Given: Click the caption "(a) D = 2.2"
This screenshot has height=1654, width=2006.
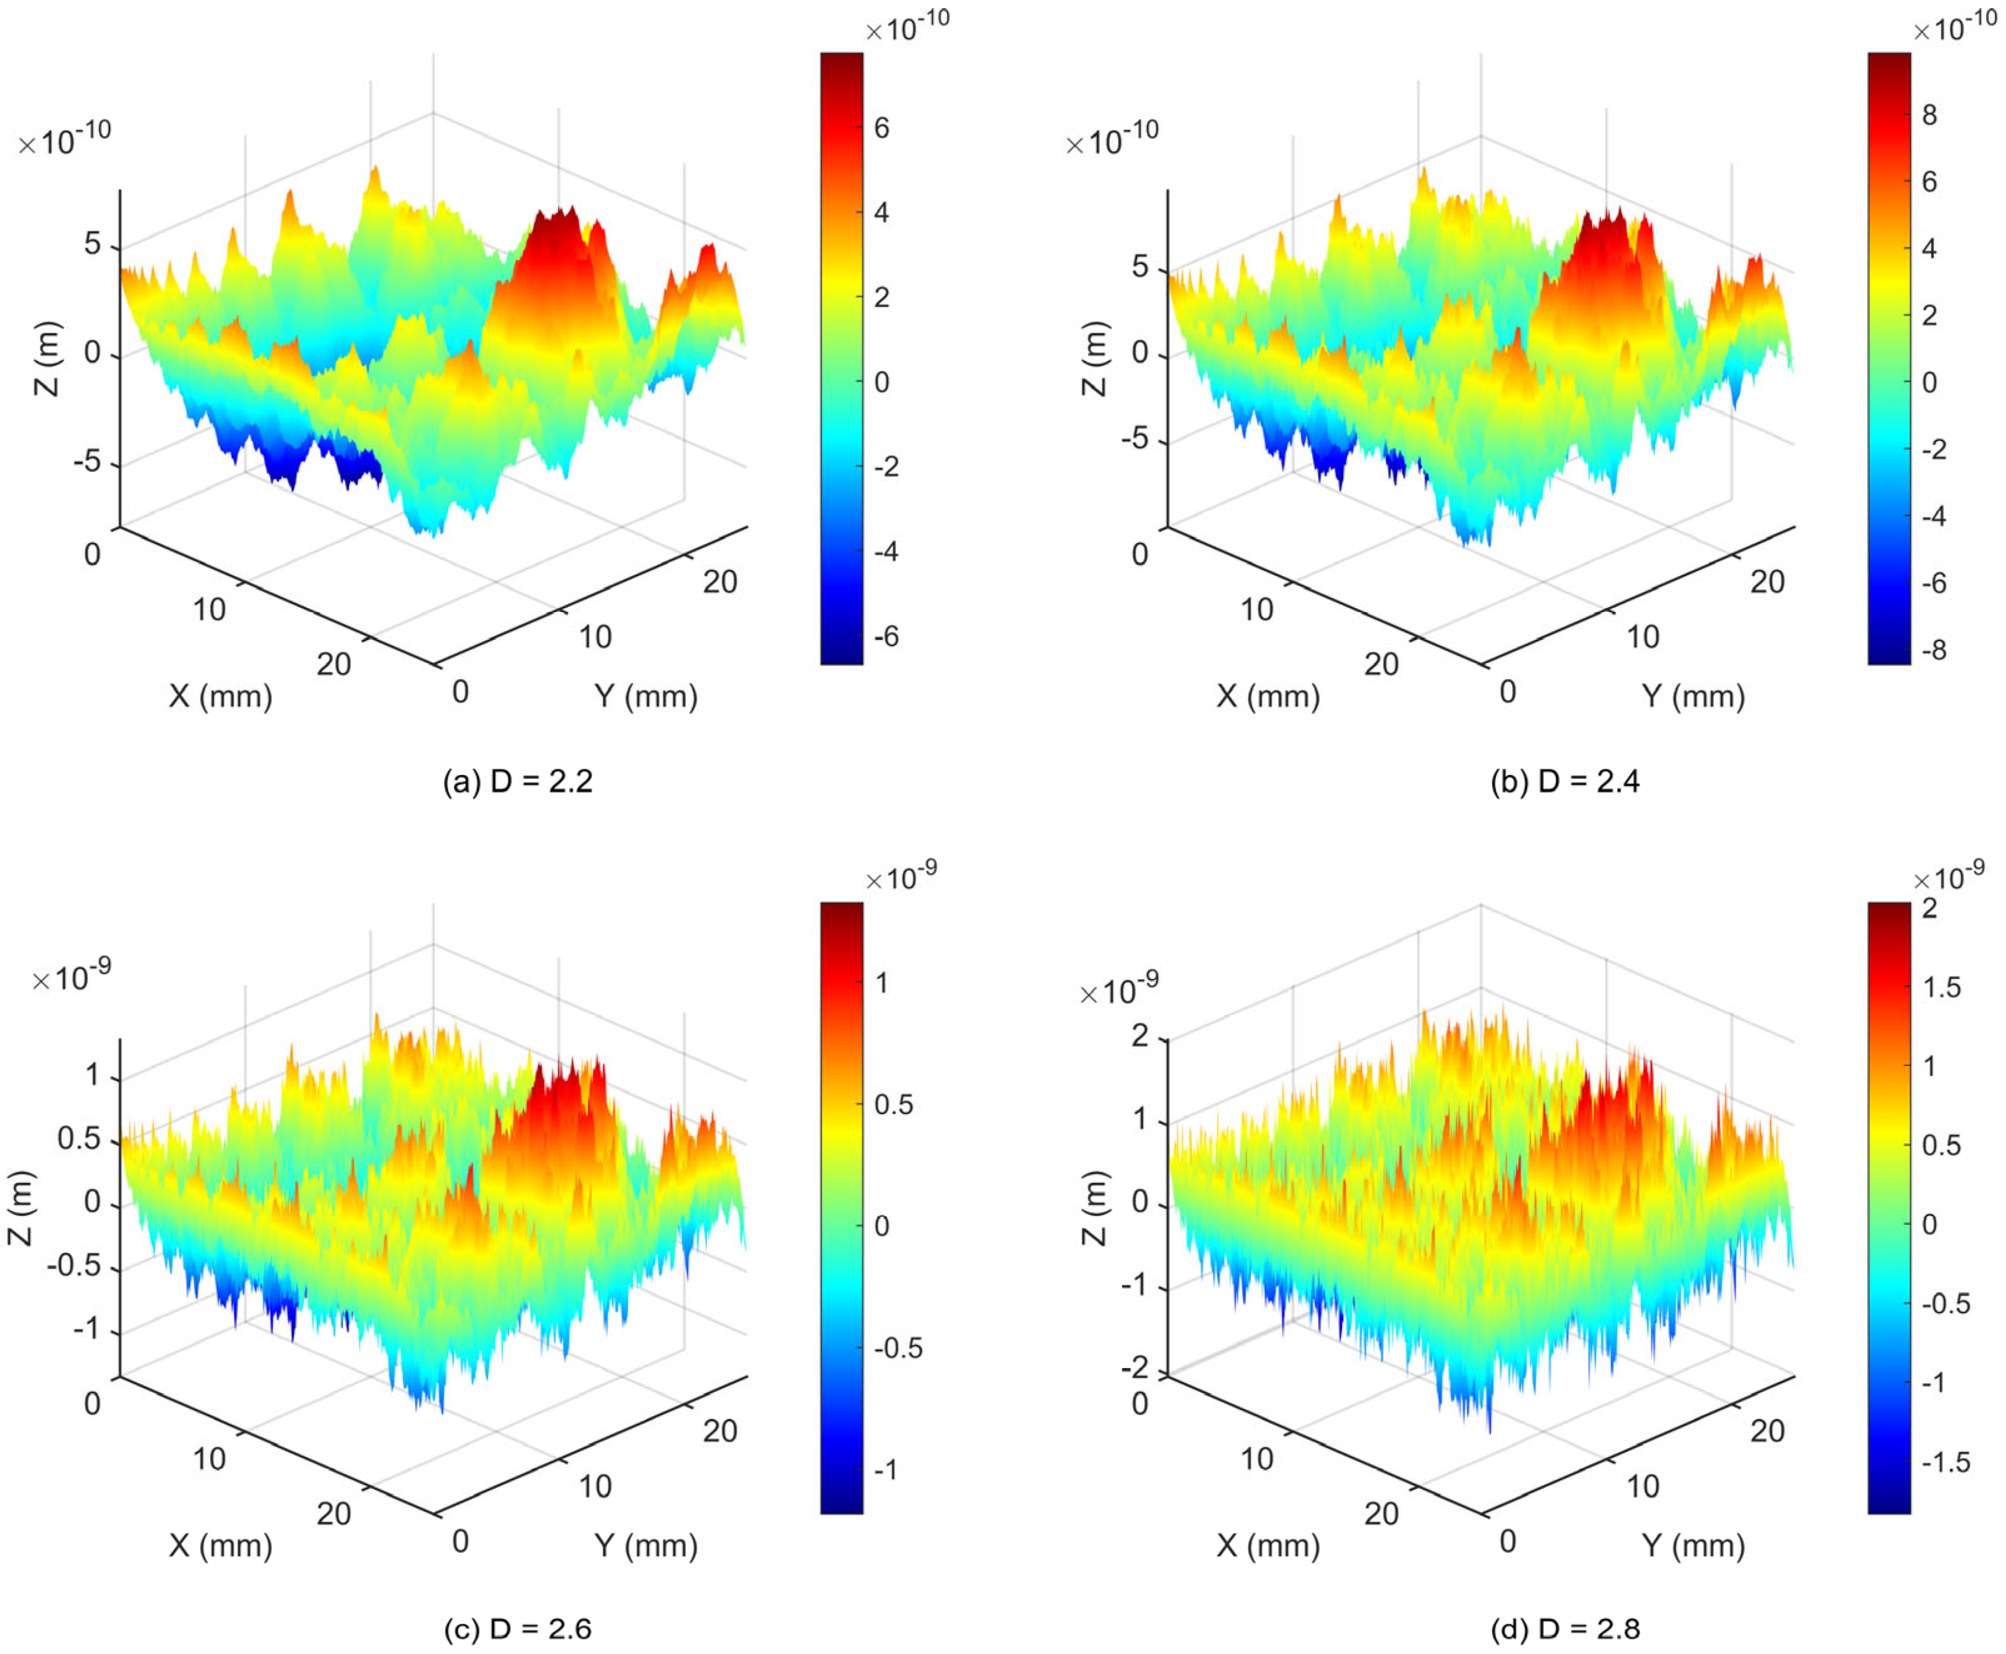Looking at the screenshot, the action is click(518, 781).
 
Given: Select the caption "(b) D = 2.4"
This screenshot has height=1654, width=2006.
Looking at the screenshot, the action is click(1566, 781).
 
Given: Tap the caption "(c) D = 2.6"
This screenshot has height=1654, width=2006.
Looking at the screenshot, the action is click(518, 1628).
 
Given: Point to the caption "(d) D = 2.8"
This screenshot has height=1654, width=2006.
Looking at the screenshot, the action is click(1566, 1628).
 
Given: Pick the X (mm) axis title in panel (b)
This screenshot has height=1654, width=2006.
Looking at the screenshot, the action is click(1268, 696).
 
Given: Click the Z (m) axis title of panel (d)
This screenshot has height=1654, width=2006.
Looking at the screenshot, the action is click(1096, 1208).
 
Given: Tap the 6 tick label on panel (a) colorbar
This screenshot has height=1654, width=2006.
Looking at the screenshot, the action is click(881, 128).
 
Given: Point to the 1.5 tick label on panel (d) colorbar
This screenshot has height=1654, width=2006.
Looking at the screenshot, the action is click(1940, 987).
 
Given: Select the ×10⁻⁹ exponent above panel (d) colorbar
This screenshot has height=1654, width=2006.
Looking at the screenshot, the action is click(1949, 874).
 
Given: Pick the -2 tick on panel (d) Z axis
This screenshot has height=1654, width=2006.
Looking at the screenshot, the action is click(1134, 1368).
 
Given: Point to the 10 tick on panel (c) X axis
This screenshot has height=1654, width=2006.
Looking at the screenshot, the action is click(209, 1458).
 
